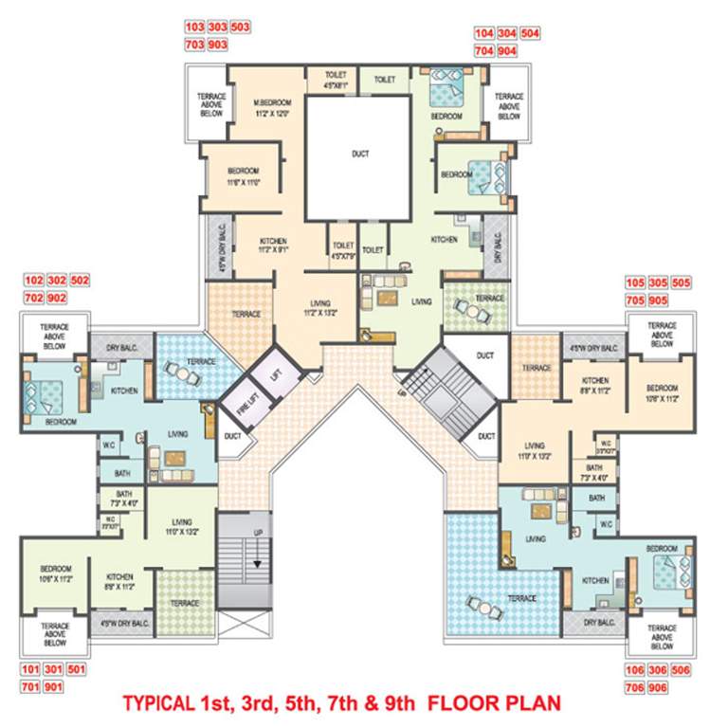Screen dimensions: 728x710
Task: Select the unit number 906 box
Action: pos(680,687)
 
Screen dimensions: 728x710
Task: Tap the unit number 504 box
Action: pos(530,33)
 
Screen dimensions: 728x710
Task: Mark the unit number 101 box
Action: pos(31,670)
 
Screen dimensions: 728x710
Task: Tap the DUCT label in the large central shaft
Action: pos(359,154)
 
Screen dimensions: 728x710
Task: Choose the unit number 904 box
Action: pos(530,51)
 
